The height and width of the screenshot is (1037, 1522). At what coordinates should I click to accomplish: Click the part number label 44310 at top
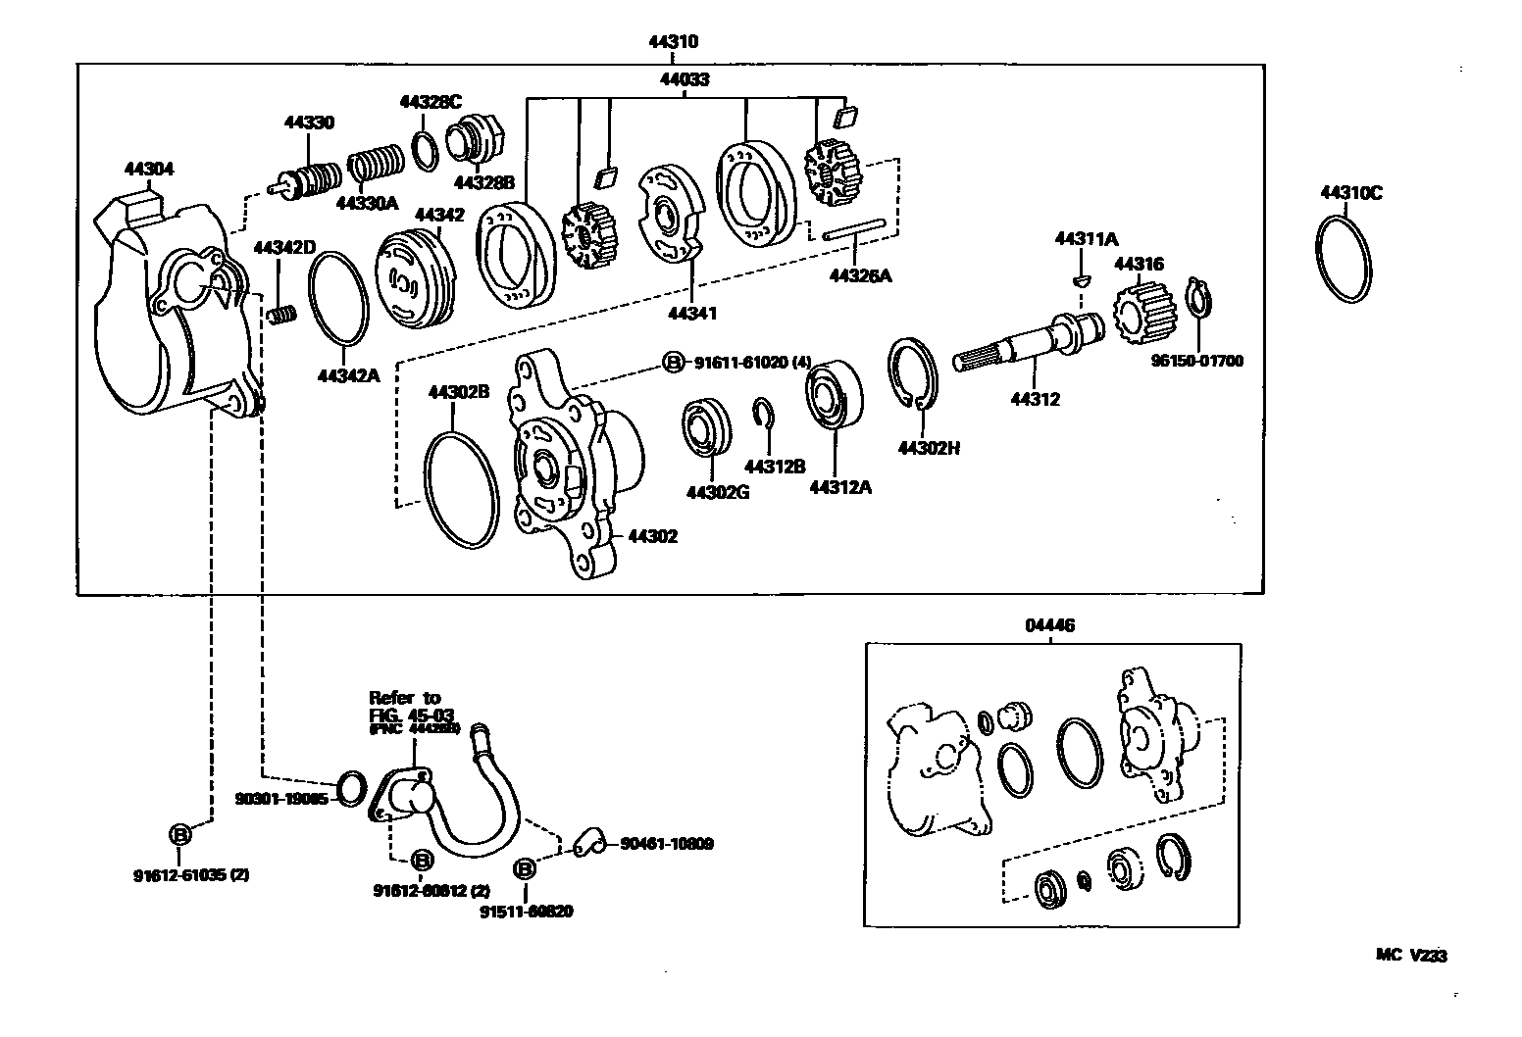pos(672,42)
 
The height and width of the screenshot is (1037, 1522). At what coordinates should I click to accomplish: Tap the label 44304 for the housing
pos(148,169)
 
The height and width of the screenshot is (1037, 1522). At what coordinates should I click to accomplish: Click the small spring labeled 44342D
pos(282,315)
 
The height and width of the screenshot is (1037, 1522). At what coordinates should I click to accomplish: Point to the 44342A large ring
pos(339,300)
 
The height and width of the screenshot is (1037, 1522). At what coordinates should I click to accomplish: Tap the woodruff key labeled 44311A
pos(1081,279)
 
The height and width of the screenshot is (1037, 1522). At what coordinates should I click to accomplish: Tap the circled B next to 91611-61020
pos(674,363)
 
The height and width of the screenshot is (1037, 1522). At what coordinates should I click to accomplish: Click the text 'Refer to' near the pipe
pos(404,698)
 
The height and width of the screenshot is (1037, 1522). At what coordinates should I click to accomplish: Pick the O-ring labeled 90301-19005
pos(351,786)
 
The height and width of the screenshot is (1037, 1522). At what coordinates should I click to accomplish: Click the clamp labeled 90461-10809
pos(586,841)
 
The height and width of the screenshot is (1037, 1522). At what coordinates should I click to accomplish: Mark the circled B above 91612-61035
pos(180,834)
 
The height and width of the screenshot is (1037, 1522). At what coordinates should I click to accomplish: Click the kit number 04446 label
pos(1050,625)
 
